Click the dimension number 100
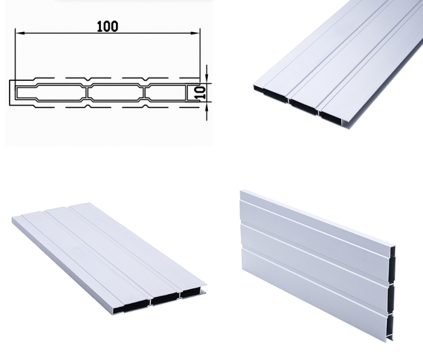(x=108, y=26)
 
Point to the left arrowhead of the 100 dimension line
(x=20, y=33)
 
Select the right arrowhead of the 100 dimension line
(x=195, y=33)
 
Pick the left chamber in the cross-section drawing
(x=51, y=93)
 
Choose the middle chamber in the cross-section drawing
(x=116, y=93)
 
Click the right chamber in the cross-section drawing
(x=166, y=93)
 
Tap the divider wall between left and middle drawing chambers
(x=87, y=93)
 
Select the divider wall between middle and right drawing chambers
(x=144, y=93)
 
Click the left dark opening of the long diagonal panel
(x=271, y=94)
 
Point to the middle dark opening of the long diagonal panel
(x=304, y=106)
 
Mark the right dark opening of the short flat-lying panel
(x=191, y=293)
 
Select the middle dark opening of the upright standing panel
(x=392, y=299)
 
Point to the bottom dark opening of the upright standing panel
(x=391, y=327)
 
